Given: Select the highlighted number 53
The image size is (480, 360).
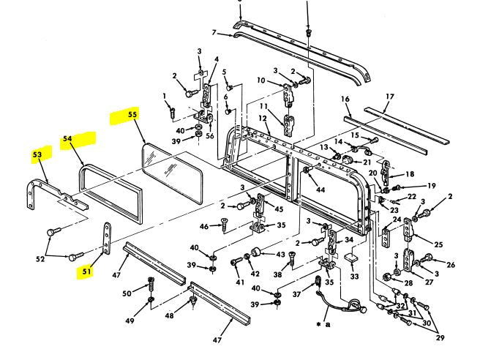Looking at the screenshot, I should click(x=37, y=155).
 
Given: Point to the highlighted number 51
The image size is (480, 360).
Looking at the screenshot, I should click(x=87, y=271).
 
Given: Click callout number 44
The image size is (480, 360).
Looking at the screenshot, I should click(x=320, y=190).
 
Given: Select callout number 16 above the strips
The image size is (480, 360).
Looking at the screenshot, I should click(x=345, y=98).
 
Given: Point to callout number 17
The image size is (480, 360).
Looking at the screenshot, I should click(x=390, y=96).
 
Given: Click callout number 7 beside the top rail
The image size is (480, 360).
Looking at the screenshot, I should click(x=215, y=33).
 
